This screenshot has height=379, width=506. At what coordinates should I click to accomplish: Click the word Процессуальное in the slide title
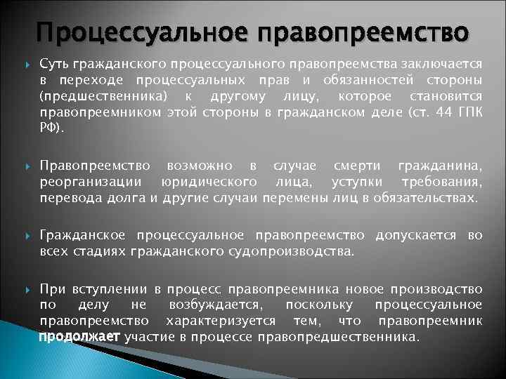tap(138, 32)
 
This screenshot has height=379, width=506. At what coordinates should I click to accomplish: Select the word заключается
tap(448, 64)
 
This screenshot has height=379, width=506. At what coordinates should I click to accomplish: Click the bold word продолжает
tap(79, 337)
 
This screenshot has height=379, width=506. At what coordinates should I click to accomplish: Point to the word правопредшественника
tap(337, 337)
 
